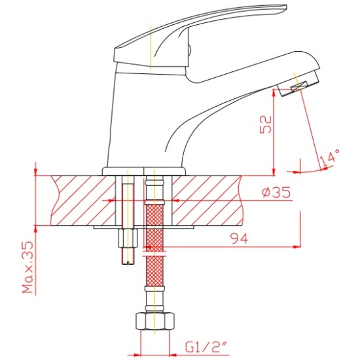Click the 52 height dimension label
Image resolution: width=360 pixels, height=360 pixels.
pyautogui.click(x=265, y=124)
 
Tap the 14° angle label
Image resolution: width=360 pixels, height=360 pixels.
pyautogui.click(x=329, y=158)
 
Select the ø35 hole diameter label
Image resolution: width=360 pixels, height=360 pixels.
pyautogui.click(x=276, y=192)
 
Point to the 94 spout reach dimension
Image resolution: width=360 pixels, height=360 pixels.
pyautogui.click(x=240, y=238)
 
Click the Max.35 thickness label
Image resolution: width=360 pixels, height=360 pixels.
pyautogui.click(x=28, y=266)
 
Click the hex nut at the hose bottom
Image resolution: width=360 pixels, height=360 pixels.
pyautogui.click(x=155, y=321)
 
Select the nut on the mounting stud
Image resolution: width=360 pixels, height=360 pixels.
pyautogui.click(x=128, y=238)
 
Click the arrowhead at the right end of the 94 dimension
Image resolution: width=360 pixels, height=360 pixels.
pyautogui.click(x=297, y=247)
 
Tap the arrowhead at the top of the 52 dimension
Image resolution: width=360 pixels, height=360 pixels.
pyautogui.click(x=274, y=92)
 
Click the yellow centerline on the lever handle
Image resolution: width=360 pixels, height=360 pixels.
pyautogui.click(x=151, y=47)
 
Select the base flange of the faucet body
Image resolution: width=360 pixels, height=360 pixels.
pyautogui.click(x=144, y=171)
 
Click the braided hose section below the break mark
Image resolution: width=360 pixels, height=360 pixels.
pyautogui.click(x=154, y=271)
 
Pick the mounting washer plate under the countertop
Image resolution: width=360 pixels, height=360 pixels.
pyautogui.click(x=144, y=227)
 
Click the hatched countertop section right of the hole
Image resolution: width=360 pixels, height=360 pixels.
pyautogui.click(x=207, y=201)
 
